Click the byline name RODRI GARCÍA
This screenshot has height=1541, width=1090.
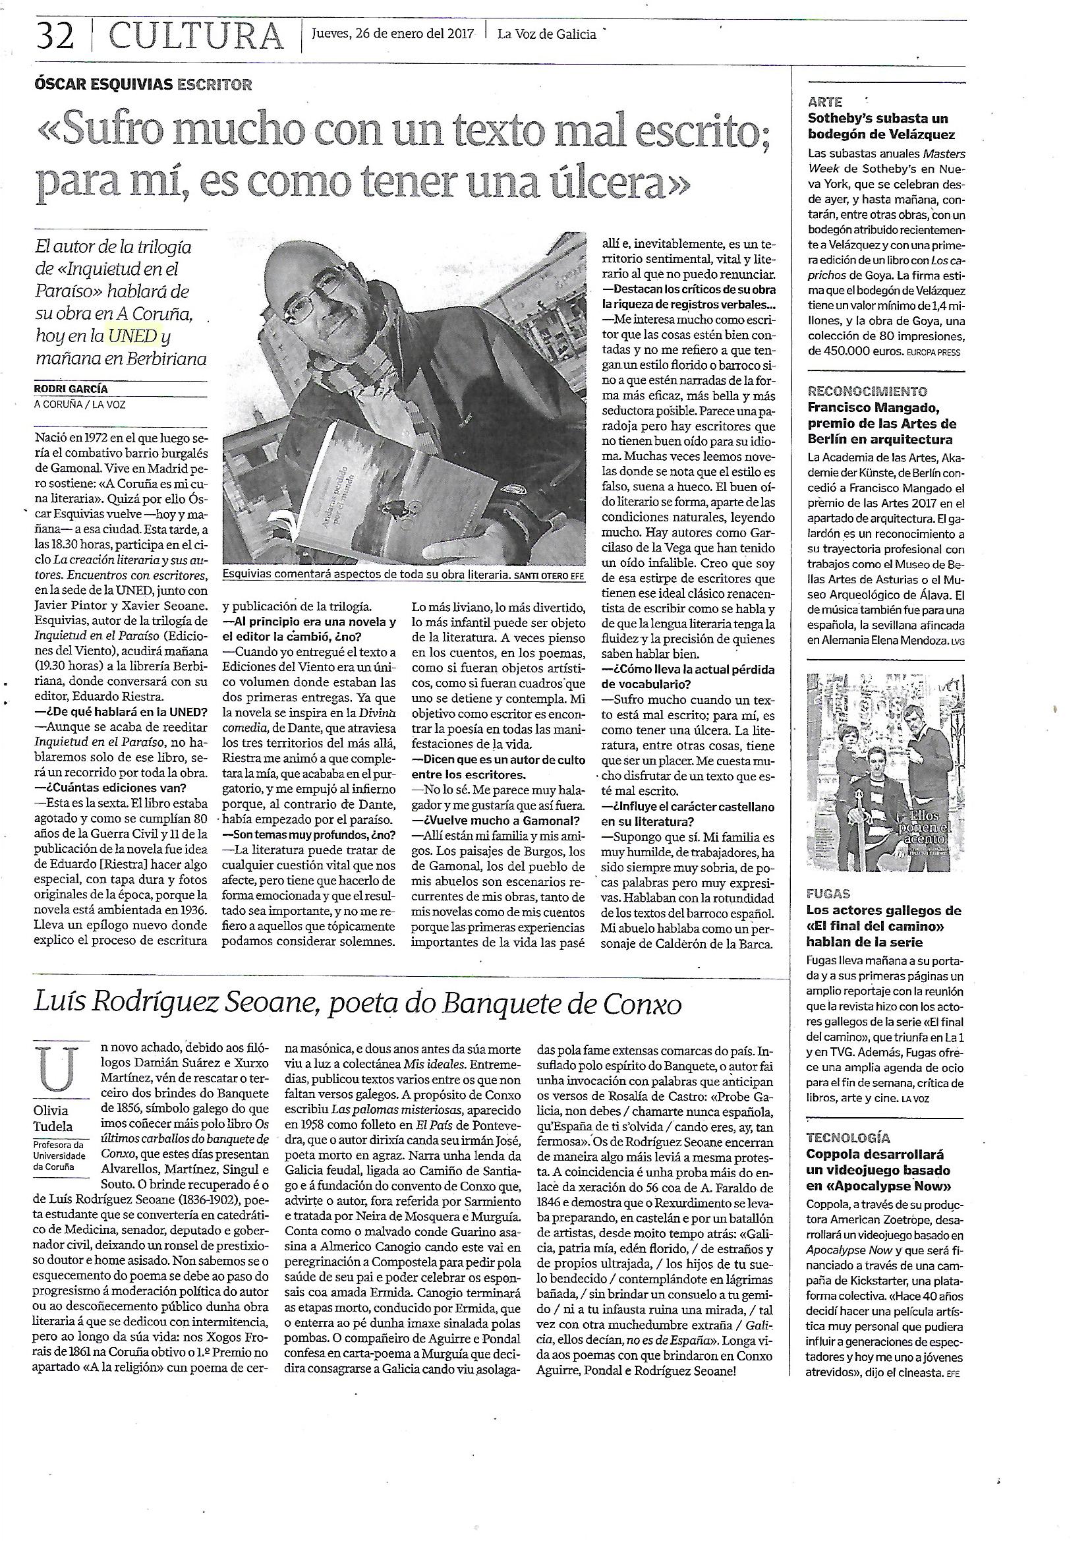(x=71, y=389)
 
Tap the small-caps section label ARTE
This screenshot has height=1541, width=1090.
(x=825, y=103)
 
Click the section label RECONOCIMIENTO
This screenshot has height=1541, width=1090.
(x=858, y=392)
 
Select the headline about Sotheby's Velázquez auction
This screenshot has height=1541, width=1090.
(x=878, y=126)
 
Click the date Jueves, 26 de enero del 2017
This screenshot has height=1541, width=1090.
(x=393, y=34)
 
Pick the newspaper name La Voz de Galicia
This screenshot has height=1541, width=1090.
(x=546, y=34)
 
